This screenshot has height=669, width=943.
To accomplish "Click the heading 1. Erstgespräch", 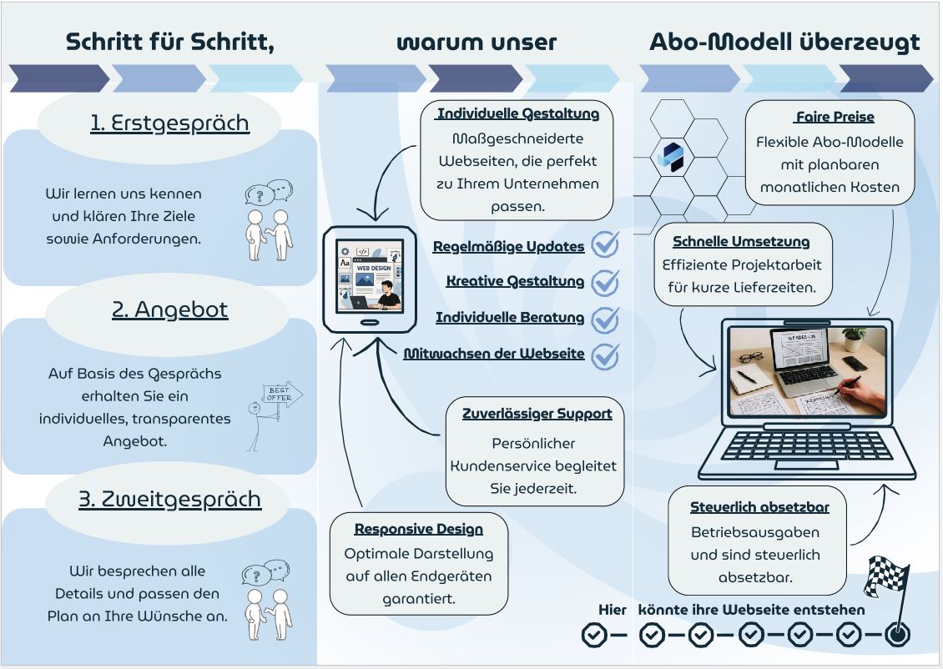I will pyautogui.click(x=169, y=123).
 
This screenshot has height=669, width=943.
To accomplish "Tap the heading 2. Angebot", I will pyautogui.click(x=169, y=309).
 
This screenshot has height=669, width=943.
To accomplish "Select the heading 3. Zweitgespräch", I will pyautogui.click(x=169, y=499).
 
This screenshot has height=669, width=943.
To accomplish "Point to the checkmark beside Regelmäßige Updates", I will pyautogui.click(x=605, y=245).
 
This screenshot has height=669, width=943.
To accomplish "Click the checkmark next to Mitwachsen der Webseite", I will pyautogui.click(x=605, y=355).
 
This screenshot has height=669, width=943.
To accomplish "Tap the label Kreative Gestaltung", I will pyautogui.click(x=515, y=281).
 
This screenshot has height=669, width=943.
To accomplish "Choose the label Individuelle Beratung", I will pyautogui.click(x=509, y=318).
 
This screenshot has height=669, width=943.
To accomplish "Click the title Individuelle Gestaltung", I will pyautogui.click(x=517, y=114).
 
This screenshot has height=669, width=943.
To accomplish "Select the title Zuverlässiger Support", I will pyautogui.click(x=537, y=413).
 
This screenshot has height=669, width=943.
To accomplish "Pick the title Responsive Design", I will pyautogui.click(x=418, y=529).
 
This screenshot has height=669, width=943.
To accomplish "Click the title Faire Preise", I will pyautogui.click(x=835, y=118).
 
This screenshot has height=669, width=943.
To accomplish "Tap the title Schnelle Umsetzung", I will pyautogui.click(x=741, y=242).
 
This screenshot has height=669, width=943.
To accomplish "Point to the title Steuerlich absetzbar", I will pyautogui.click(x=759, y=507).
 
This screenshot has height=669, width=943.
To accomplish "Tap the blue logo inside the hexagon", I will pyautogui.click(x=670, y=156).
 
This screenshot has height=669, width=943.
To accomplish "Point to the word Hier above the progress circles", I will pyautogui.click(x=612, y=610).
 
